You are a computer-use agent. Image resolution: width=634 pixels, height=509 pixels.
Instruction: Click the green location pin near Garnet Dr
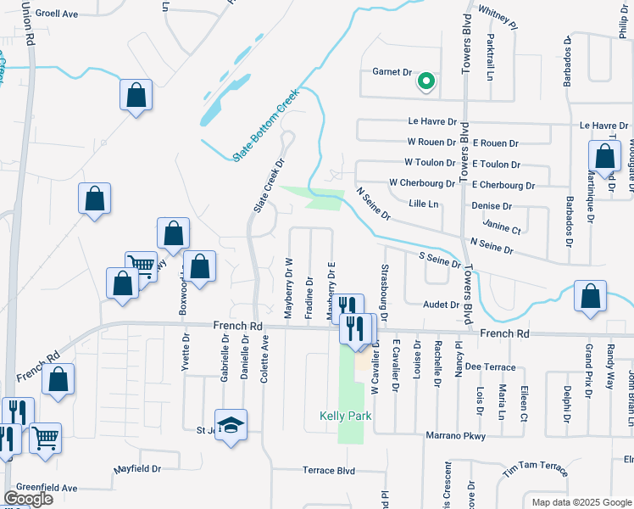click(425, 82)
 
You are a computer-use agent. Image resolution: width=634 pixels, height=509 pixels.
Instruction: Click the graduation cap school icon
click(231, 425)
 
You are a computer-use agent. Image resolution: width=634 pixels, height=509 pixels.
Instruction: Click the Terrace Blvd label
click(329, 470)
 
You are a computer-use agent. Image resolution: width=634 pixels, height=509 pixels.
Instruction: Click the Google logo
click(28, 499)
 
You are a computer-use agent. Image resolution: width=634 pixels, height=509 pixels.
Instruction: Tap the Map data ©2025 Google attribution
click(581, 502)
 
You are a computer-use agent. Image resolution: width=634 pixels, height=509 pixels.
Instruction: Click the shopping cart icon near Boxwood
click(141, 266)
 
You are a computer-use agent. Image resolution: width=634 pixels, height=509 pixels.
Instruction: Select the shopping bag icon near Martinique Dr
click(604, 157)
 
